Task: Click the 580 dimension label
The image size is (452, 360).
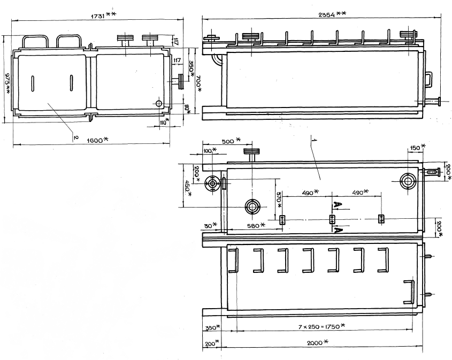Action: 254,226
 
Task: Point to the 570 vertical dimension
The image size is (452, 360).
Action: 278,200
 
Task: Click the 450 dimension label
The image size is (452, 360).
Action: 187,188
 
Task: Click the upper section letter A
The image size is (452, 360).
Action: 336,204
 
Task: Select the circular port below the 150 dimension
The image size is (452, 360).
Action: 408,181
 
